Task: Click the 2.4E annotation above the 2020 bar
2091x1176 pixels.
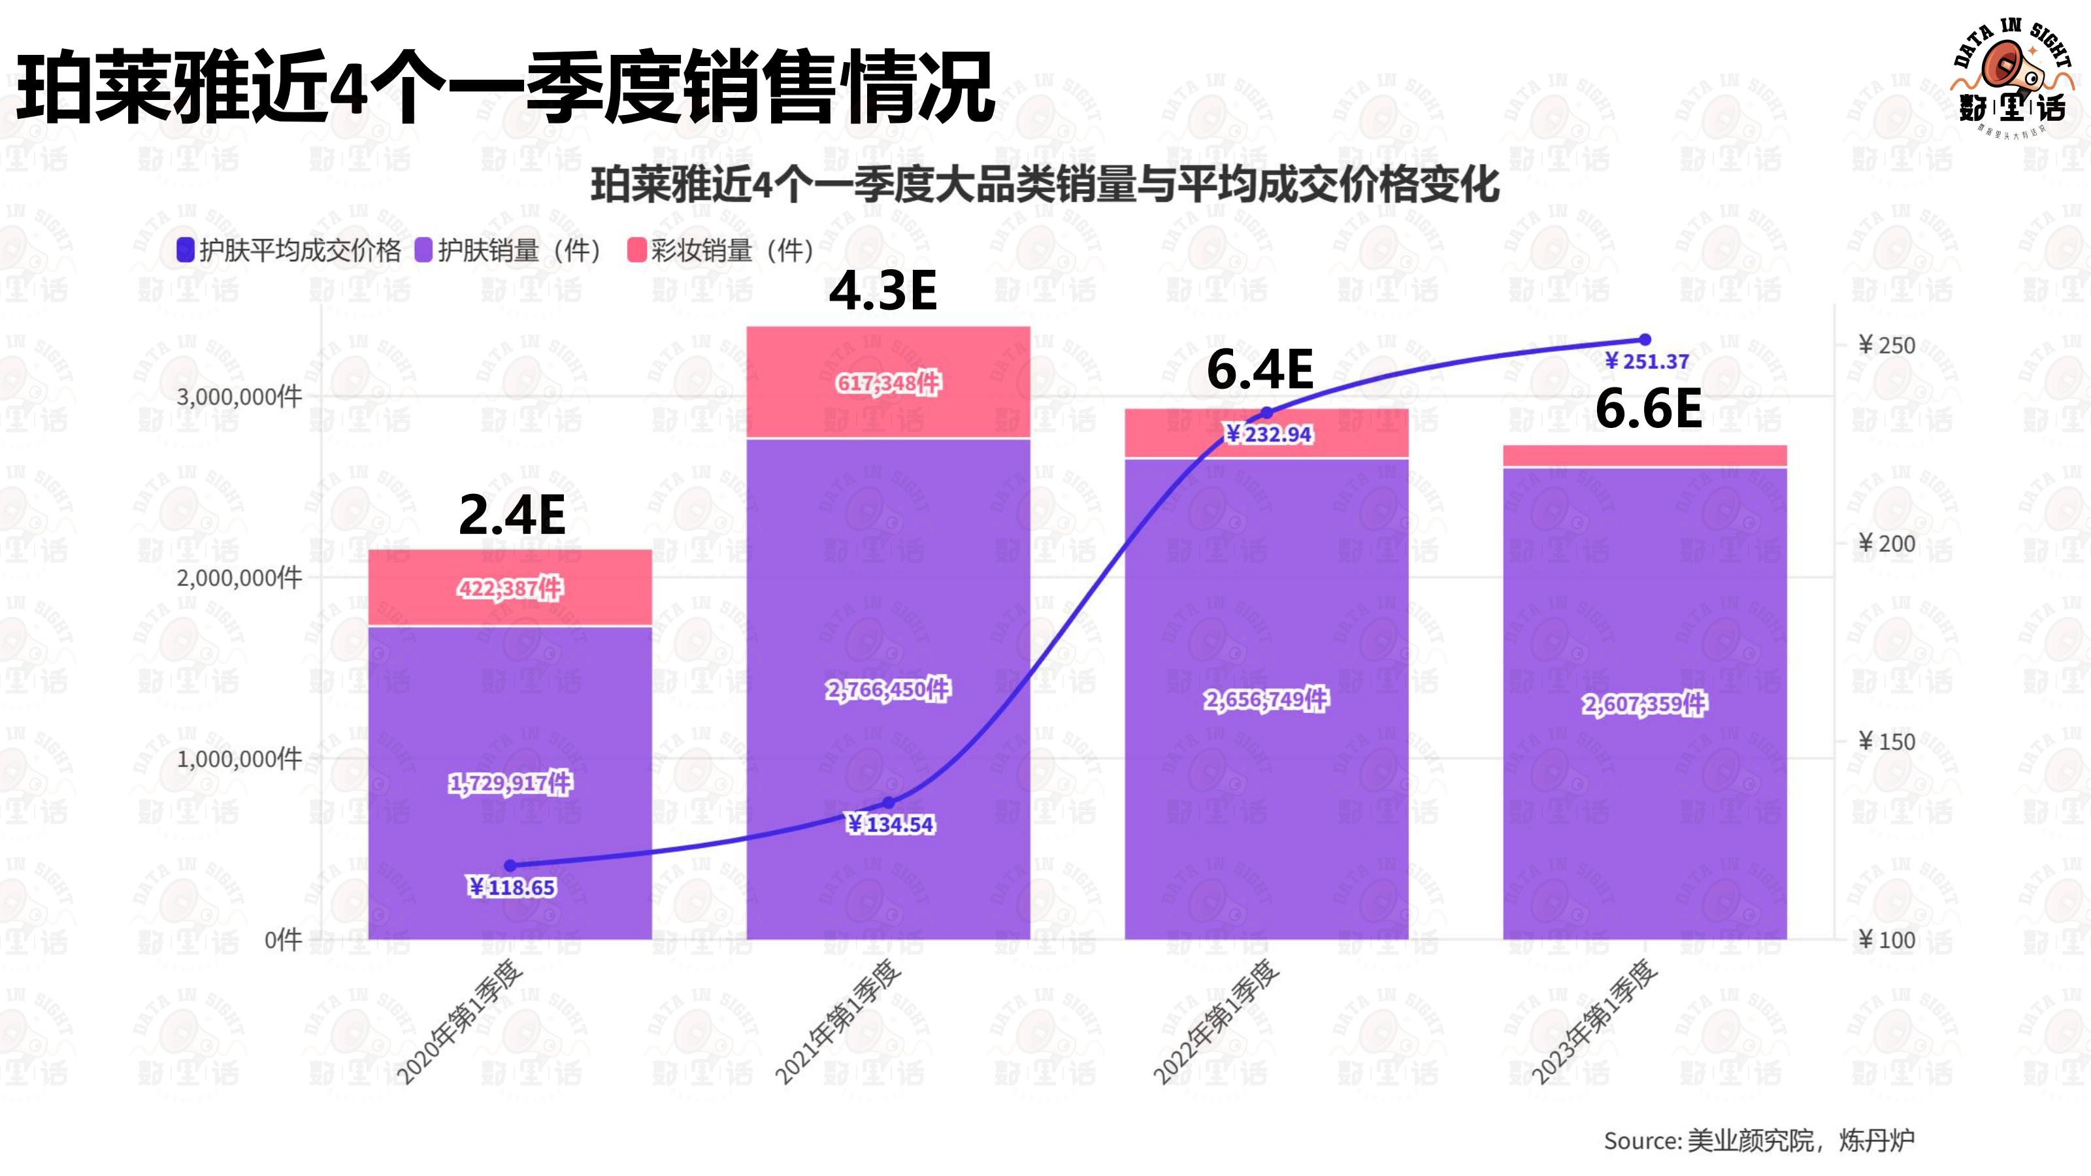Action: tap(512, 515)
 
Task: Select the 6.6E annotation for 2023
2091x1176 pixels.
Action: tap(1648, 409)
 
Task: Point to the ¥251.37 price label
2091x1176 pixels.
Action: tap(1647, 362)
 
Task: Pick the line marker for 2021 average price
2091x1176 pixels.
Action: tap(889, 803)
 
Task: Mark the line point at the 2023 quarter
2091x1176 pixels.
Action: tap(1645, 339)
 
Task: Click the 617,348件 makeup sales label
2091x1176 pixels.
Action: tap(888, 382)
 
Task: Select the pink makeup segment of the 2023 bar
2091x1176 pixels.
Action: tap(1645, 456)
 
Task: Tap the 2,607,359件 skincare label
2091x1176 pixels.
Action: tap(1645, 704)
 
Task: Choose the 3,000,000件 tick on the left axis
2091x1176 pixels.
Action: tap(239, 397)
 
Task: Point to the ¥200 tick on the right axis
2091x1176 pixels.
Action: tap(1886, 544)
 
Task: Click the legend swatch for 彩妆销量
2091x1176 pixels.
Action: tap(636, 250)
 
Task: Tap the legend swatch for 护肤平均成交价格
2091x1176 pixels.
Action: tap(186, 250)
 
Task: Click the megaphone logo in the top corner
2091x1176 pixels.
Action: tap(2011, 69)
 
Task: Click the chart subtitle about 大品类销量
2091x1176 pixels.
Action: tap(1045, 185)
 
